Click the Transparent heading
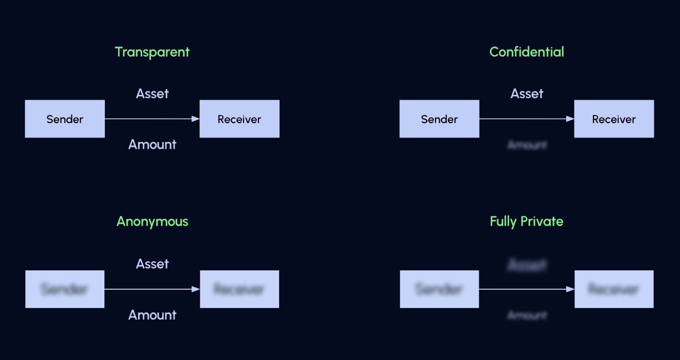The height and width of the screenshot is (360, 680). (152, 52)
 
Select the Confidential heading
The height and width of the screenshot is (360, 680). (527, 52)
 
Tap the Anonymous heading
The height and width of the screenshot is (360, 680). (152, 221)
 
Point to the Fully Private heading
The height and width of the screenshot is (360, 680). (526, 221)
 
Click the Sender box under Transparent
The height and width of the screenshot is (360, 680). (65, 119)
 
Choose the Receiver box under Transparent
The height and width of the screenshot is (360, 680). (239, 119)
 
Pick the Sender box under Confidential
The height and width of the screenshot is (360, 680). (439, 119)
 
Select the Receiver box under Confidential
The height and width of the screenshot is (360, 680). (614, 119)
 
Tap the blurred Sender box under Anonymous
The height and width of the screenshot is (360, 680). (65, 289)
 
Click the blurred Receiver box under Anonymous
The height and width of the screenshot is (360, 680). (239, 289)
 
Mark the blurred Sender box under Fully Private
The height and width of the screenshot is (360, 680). (439, 289)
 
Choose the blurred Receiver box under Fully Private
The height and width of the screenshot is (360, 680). (614, 289)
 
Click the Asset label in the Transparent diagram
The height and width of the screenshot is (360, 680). (152, 94)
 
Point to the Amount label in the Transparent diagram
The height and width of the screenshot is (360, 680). (152, 145)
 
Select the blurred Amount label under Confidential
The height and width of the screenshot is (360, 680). (527, 145)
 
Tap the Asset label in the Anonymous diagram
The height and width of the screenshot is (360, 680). (152, 264)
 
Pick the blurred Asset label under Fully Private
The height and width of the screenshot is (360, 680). (527, 265)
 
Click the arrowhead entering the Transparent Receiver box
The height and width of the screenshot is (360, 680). (195, 119)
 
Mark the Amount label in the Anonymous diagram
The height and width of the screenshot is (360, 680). (152, 315)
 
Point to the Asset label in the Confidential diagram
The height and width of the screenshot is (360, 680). (527, 94)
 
